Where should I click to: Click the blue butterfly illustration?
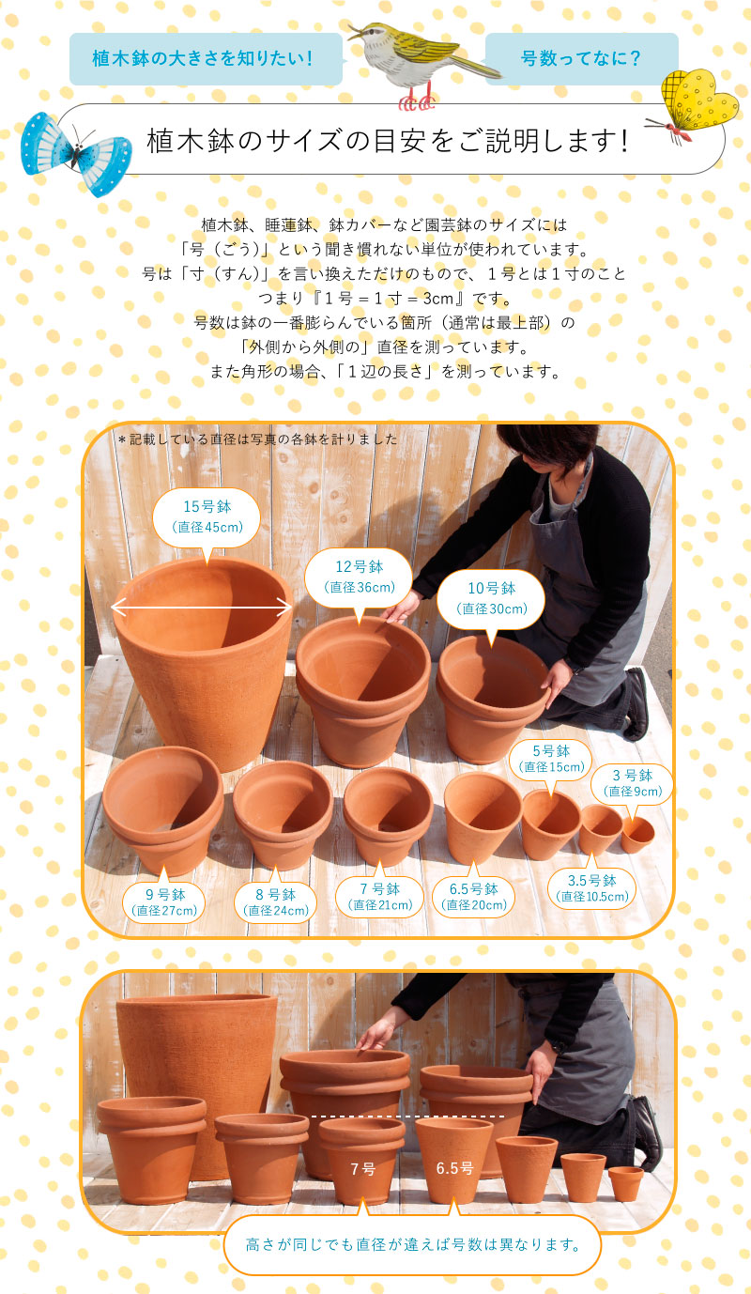coord(75,151)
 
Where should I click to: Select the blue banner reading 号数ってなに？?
coord(581,58)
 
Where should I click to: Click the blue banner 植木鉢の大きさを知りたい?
coord(202,58)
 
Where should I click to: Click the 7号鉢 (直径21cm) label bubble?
coord(380,897)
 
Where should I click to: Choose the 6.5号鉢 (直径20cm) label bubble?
coord(474,897)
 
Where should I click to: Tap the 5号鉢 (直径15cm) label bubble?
coord(551,759)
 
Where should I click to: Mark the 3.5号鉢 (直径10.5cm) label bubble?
coord(592,888)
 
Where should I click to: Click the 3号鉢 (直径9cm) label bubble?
coord(633,783)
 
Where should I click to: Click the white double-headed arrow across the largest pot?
coord(202,608)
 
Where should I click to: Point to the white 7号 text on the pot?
coord(362,1169)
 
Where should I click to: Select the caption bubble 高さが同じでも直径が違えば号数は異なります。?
coord(411,1245)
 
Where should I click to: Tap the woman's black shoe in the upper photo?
coord(636,703)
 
